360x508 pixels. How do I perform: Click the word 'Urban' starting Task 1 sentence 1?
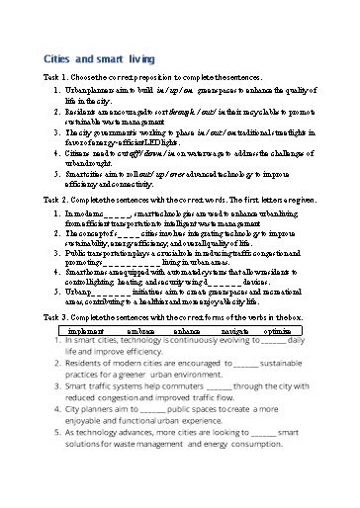[75, 88]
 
